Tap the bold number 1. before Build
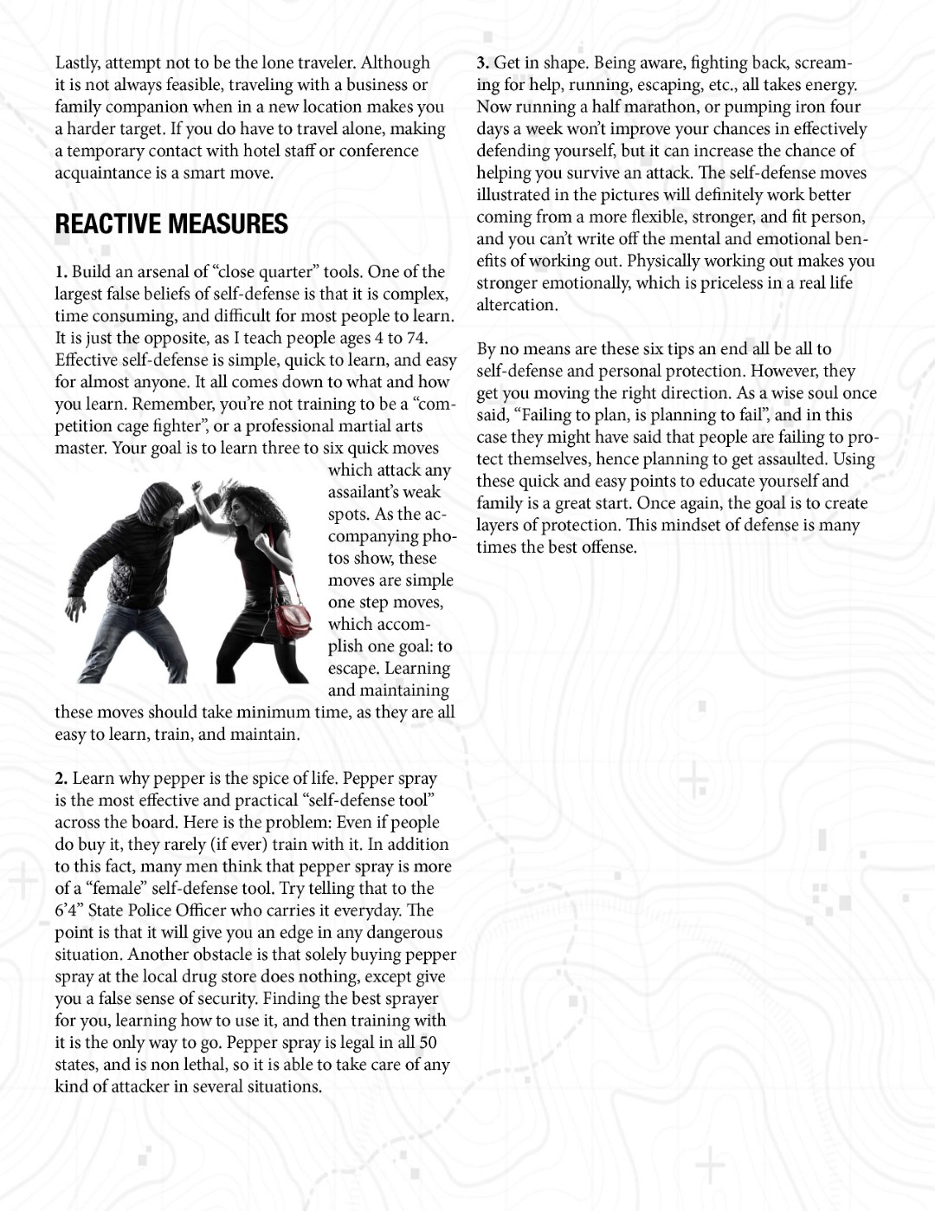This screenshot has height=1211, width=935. point(61,272)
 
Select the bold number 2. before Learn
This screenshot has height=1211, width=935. point(61,779)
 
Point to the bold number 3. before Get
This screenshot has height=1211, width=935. point(483,63)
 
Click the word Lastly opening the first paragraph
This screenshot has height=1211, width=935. point(76,63)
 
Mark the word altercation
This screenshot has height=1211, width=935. point(516,305)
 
